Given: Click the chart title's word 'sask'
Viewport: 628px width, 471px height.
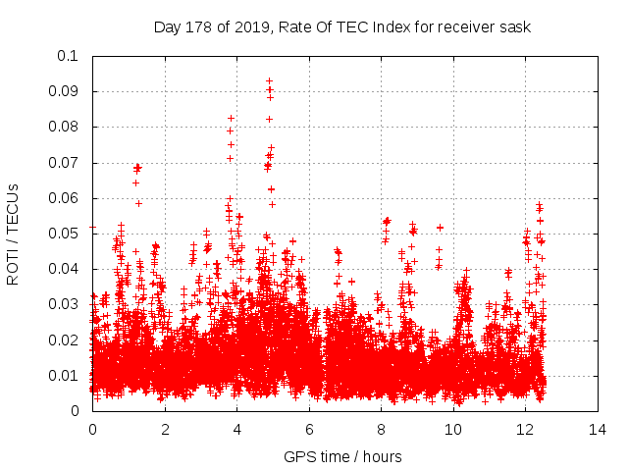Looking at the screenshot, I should point(515,26).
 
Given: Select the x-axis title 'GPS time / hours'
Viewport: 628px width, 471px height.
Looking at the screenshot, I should point(342,456).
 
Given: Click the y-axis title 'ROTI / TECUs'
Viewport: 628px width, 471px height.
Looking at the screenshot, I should point(13,234).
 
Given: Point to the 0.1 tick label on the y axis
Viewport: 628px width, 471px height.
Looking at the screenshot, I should point(69,56).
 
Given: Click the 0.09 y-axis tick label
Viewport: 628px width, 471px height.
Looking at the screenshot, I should point(65,91).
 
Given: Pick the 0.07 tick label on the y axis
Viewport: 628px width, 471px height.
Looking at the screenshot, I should point(65,163).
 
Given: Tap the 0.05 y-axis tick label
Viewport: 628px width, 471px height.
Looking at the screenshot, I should point(65,234).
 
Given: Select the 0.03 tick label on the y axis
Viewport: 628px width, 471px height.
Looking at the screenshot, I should point(65,305).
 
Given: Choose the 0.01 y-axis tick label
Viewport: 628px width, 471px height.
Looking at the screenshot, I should point(65,376).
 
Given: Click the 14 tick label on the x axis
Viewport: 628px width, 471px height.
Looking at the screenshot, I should point(597,430).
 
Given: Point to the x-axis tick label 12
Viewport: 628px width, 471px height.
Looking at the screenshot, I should point(525,430).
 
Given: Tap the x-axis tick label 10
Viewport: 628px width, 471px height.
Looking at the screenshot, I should point(452,430).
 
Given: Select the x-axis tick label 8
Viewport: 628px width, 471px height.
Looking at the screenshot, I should point(381,430).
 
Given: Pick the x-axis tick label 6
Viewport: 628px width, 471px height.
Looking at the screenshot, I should point(308,430).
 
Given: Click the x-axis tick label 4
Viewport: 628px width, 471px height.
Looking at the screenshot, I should point(236,430).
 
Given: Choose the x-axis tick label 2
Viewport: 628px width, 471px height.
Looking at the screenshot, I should point(165,430).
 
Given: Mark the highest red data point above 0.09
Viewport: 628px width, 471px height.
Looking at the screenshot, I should point(269,80).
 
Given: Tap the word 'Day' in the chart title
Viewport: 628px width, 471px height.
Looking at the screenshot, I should point(167,26).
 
